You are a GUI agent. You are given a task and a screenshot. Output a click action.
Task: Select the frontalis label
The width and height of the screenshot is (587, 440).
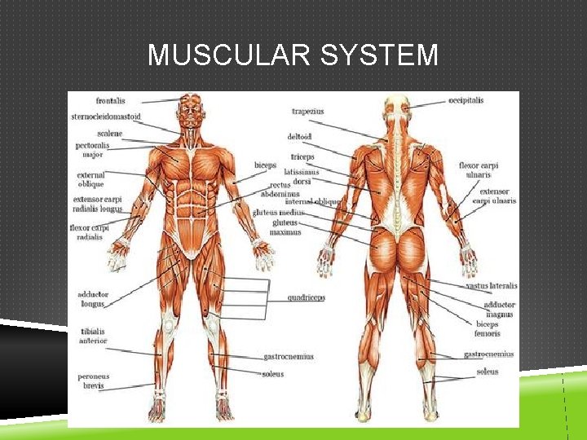click(x=110, y=101)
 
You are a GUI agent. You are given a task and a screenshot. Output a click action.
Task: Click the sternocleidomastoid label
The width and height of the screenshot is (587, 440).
click(x=106, y=117)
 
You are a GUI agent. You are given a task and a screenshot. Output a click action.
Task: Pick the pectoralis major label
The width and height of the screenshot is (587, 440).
click(x=92, y=149)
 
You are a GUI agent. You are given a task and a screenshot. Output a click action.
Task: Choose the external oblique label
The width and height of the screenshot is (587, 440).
click(x=90, y=179)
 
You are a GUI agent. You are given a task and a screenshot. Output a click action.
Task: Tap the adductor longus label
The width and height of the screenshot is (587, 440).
click(x=92, y=298)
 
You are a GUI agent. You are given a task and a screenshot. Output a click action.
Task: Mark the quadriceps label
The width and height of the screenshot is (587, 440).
click(x=306, y=297)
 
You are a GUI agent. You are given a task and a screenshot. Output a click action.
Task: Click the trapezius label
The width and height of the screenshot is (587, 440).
click(x=307, y=112)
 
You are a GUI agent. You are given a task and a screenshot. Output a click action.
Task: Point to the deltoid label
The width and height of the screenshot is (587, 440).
click(x=299, y=137)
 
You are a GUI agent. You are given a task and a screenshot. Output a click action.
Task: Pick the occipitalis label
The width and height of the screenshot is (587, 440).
click(x=466, y=100)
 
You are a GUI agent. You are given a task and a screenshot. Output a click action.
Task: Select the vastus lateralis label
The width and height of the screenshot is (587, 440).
click(x=491, y=286)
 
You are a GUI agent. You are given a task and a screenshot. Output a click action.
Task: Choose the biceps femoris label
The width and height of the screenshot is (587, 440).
click(x=488, y=328)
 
